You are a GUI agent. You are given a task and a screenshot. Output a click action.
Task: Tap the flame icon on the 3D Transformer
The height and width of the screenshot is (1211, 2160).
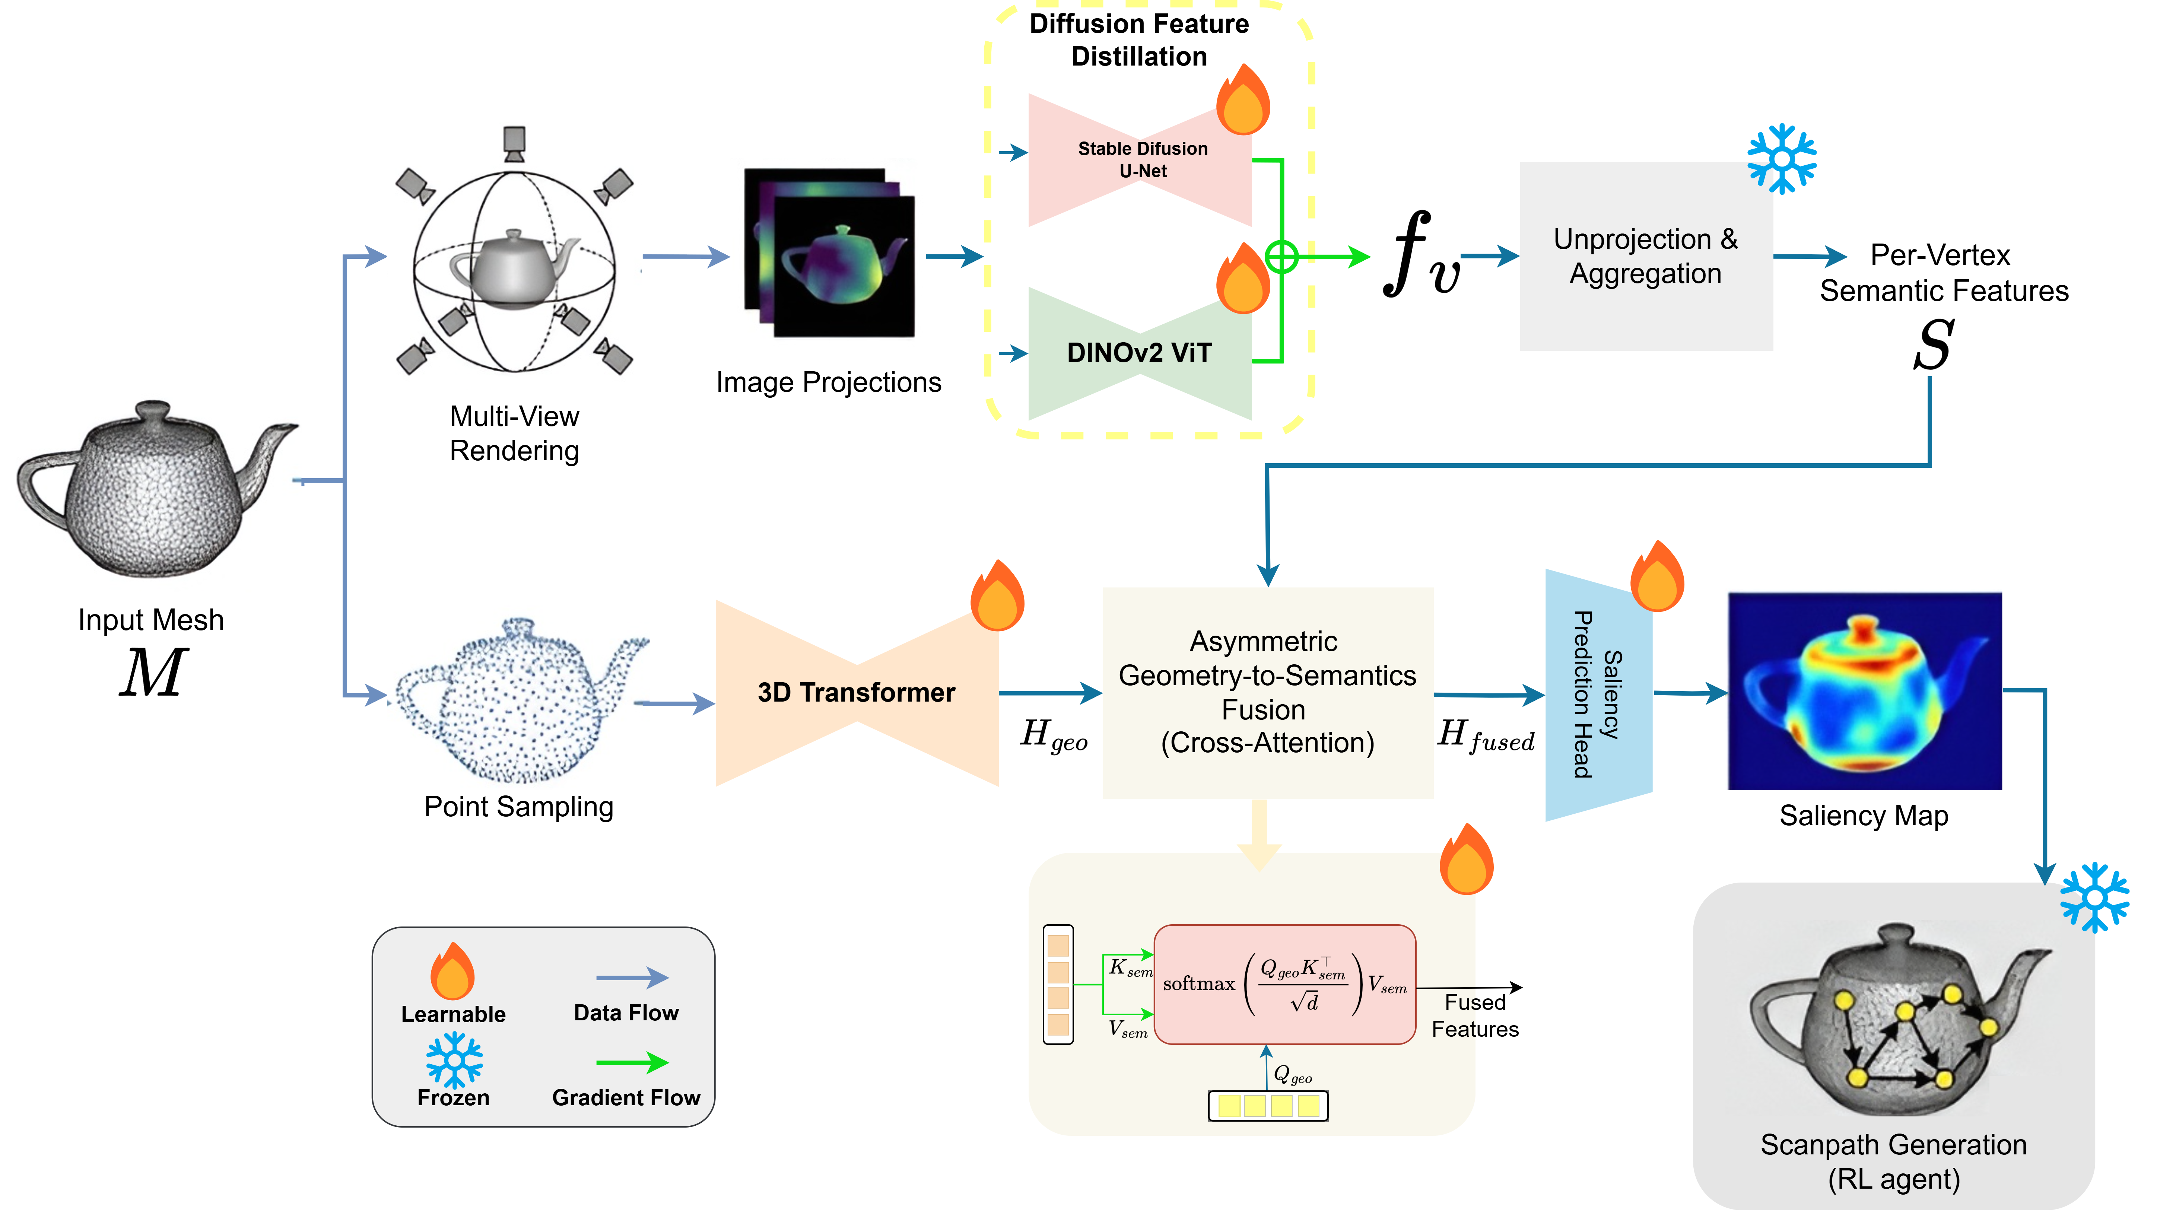tap(997, 597)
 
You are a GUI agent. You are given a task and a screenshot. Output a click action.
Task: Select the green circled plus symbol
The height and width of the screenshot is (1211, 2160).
tap(1281, 257)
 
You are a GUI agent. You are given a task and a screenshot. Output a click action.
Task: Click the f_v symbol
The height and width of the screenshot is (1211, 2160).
tap(1420, 254)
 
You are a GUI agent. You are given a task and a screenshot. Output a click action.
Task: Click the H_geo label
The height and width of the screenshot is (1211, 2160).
tap(1053, 735)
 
